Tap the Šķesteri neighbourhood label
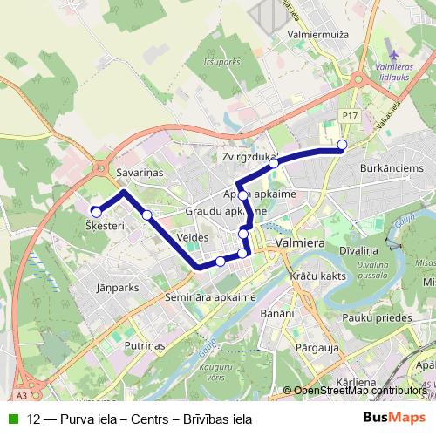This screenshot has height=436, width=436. (x=106, y=225)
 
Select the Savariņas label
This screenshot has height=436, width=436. (x=140, y=174)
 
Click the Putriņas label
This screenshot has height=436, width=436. (x=145, y=345)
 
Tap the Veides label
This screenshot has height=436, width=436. (x=191, y=236)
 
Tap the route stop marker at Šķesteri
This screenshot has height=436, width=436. (x=96, y=211)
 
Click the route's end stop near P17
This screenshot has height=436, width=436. (x=342, y=145)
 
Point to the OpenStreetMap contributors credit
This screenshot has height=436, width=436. (x=358, y=391)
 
